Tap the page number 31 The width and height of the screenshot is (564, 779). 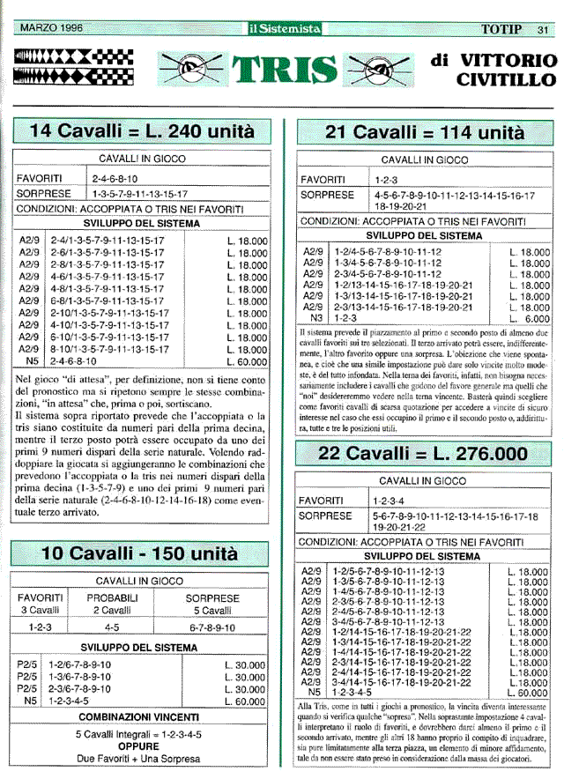[543, 29]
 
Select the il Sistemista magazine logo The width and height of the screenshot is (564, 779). [284, 29]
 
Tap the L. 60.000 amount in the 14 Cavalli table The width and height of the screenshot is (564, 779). [246, 360]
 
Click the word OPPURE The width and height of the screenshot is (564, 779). [137, 745]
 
